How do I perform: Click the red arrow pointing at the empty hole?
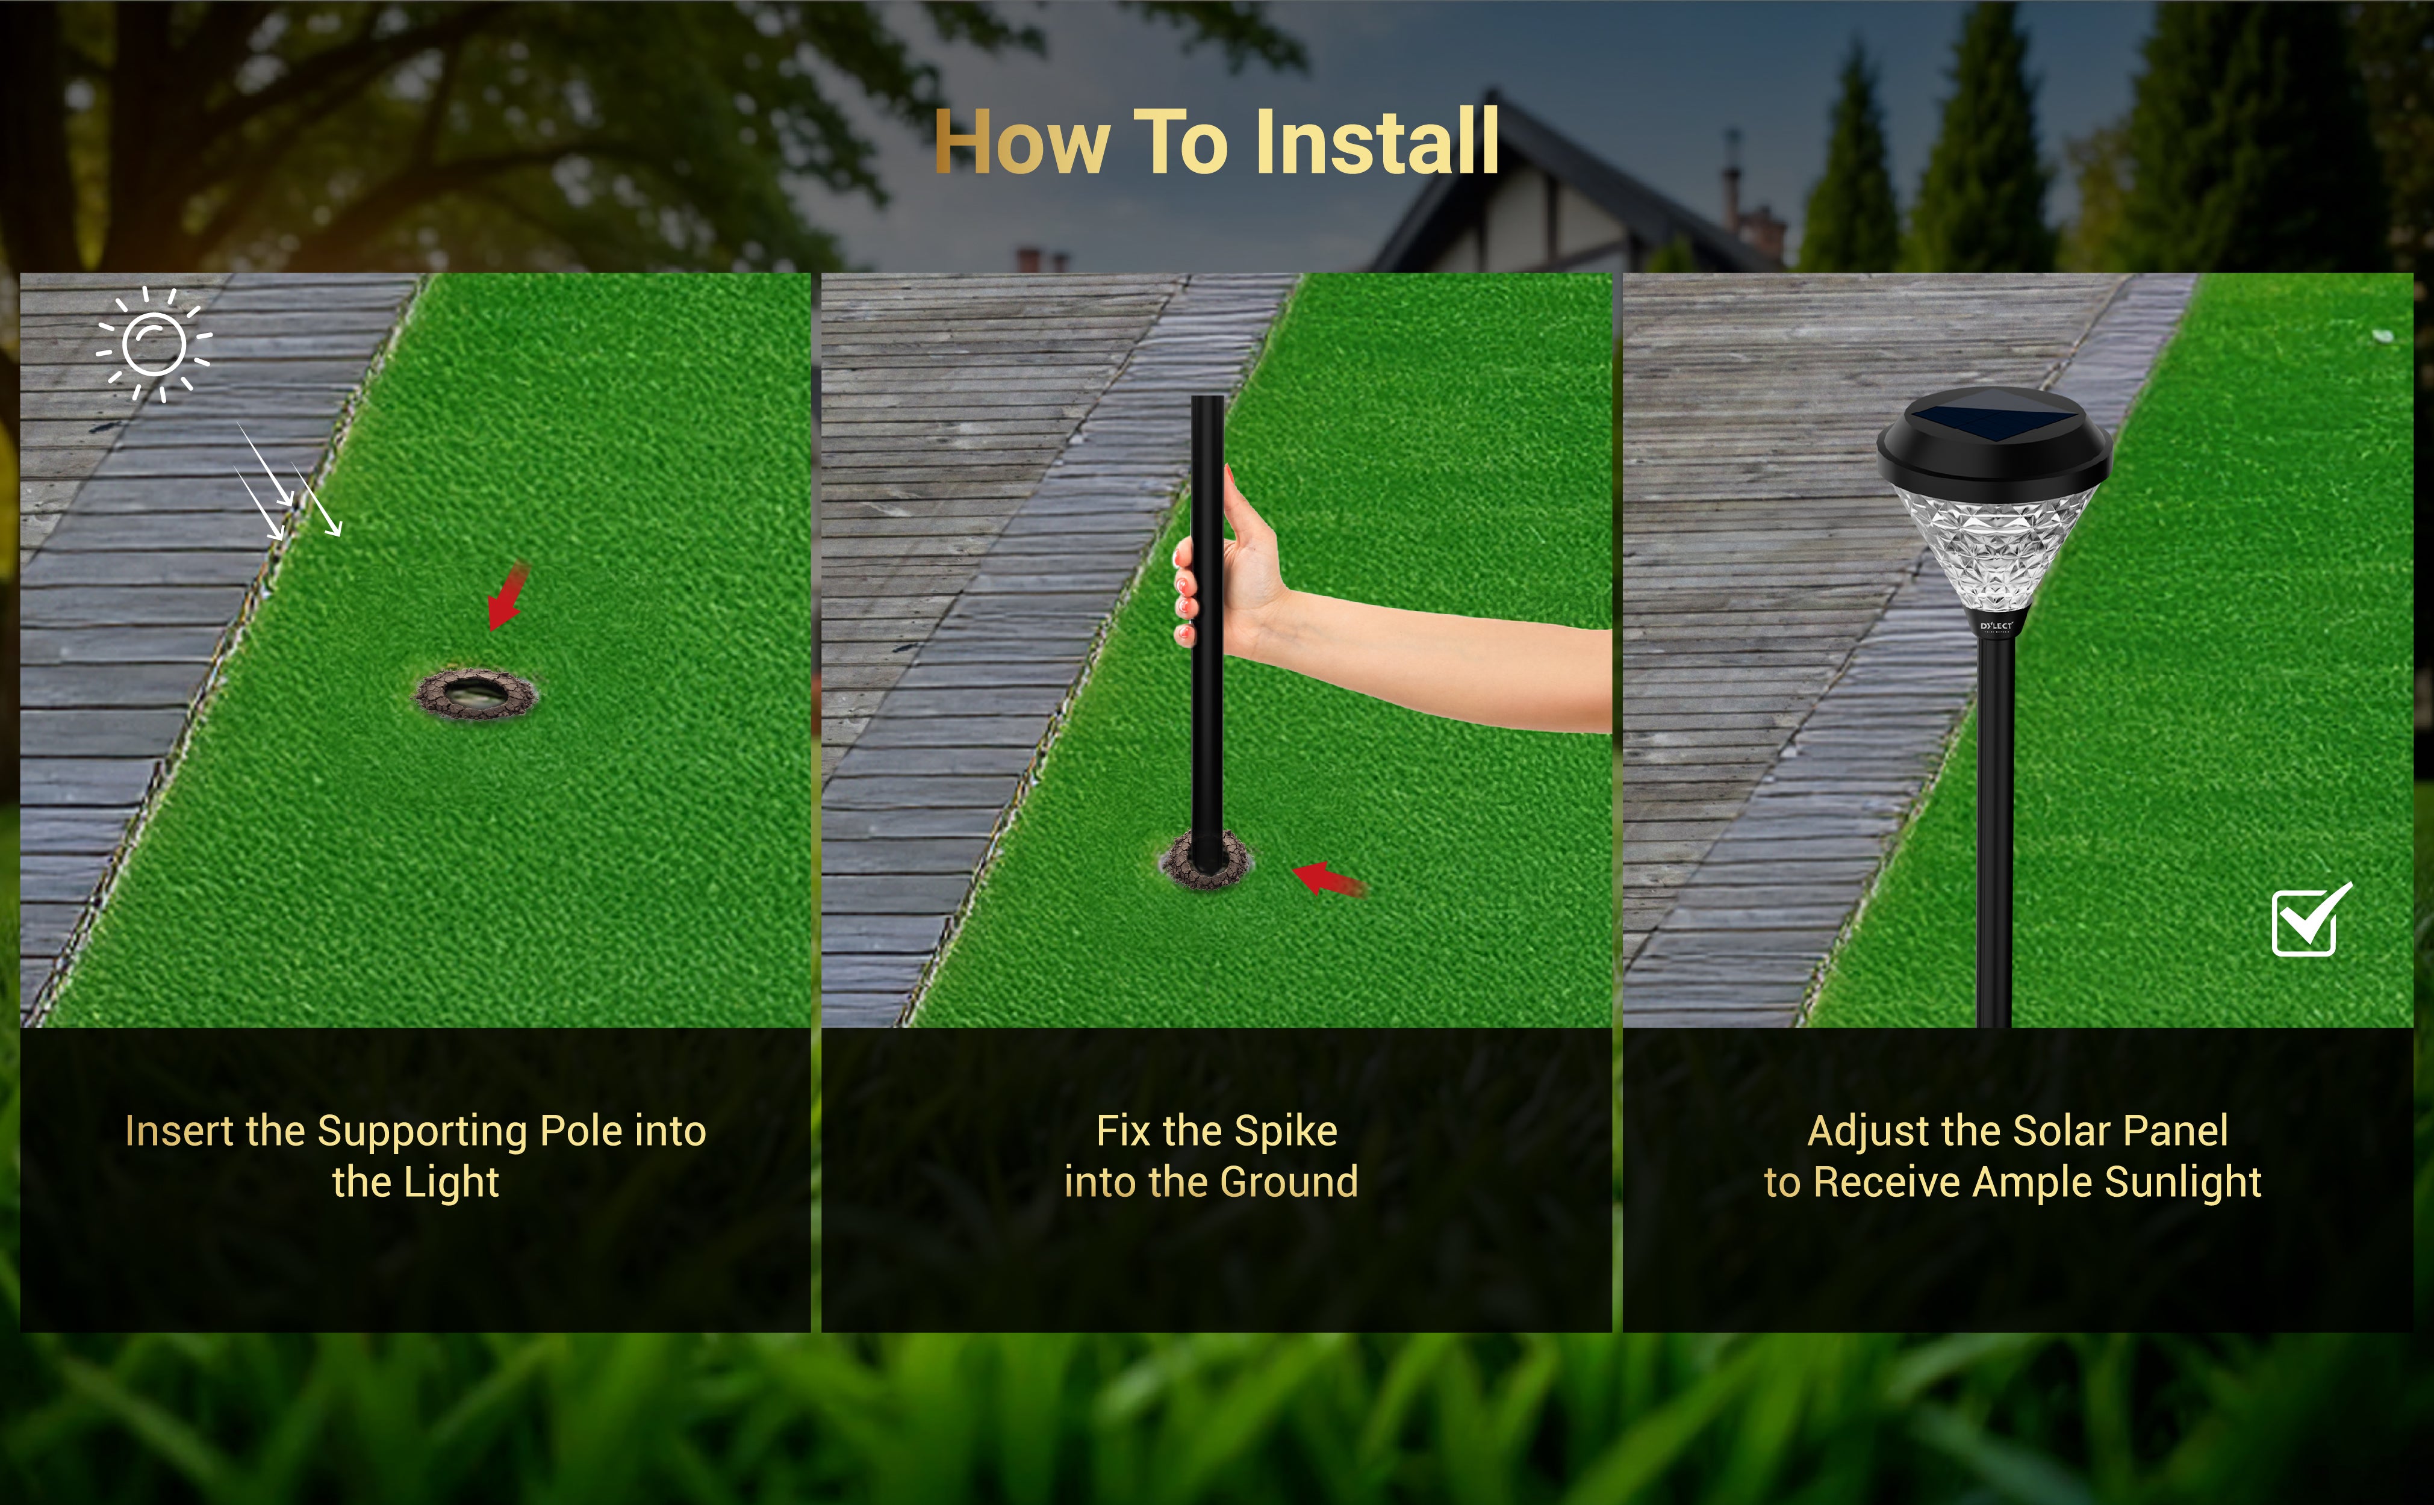(x=508, y=595)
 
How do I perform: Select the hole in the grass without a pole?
(x=476, y=694)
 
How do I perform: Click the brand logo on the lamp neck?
(x=1996, y=626)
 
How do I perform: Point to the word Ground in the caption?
(x=1289, y=1182)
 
